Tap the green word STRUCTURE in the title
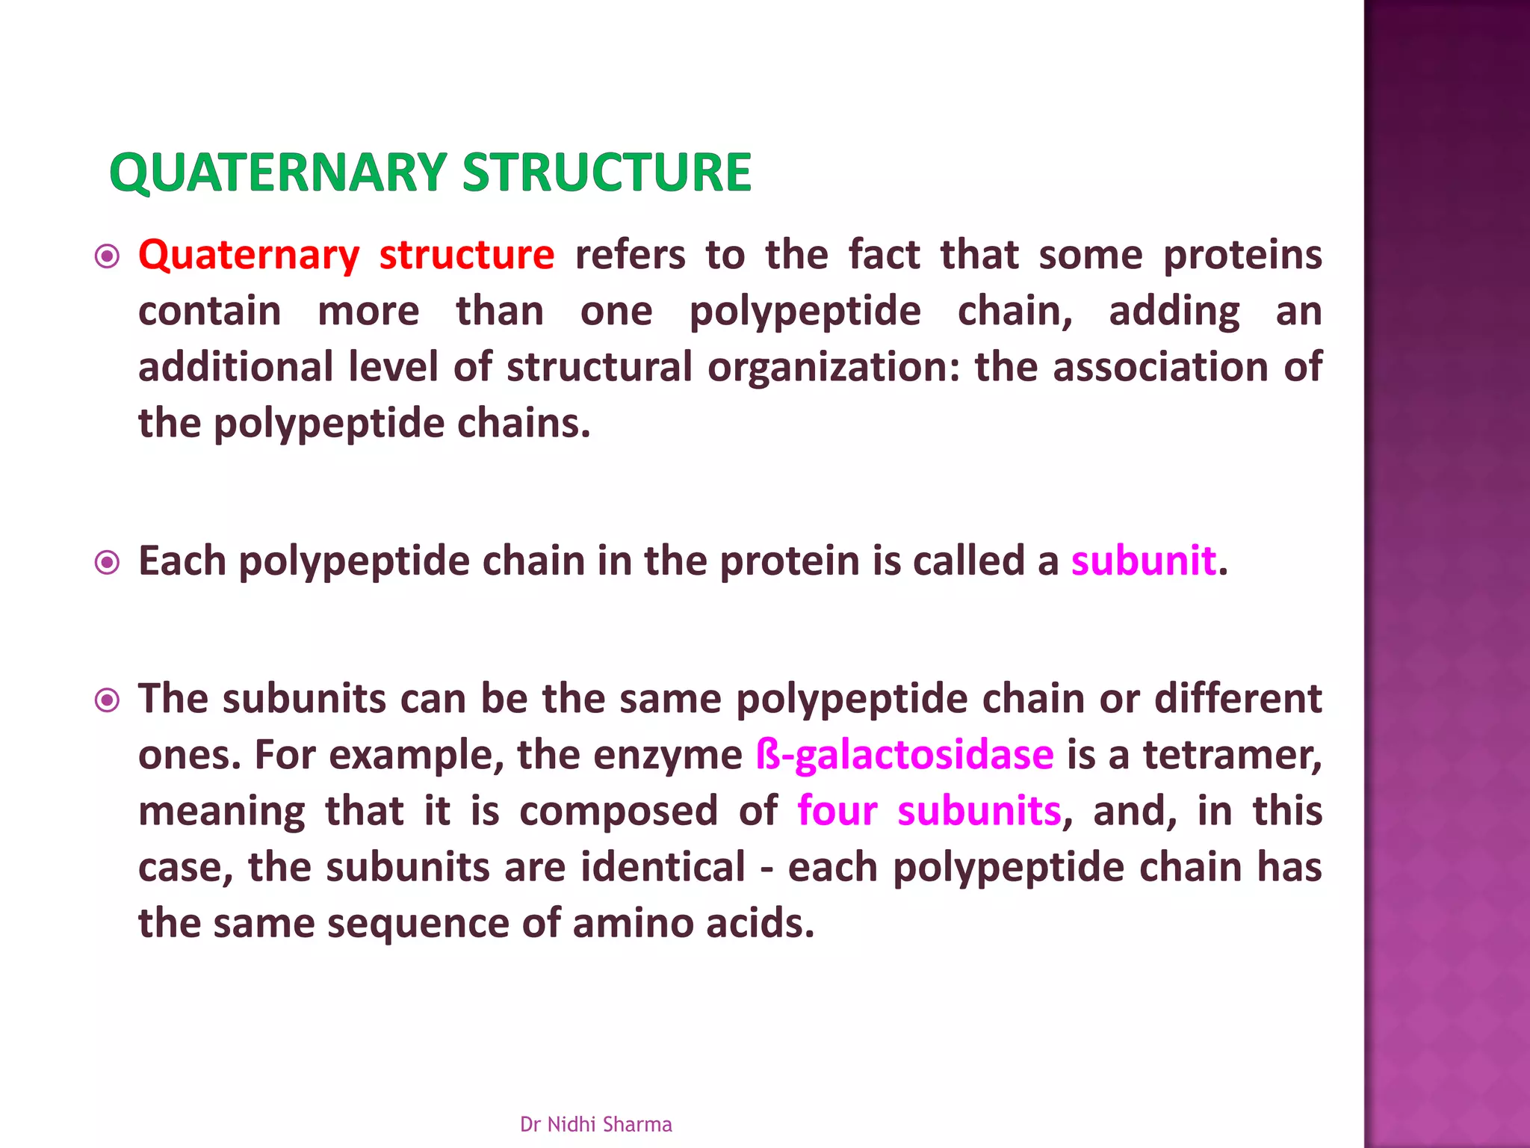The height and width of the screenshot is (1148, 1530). (607, 173)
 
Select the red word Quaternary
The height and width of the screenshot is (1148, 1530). (249, 256)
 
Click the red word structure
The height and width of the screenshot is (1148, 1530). (466, 256)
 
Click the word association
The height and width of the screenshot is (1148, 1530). (1159, 368)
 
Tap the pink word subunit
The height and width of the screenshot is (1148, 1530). (1143, 561)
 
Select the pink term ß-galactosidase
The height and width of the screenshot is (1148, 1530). (905, 755)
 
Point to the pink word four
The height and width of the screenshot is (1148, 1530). (837, 811)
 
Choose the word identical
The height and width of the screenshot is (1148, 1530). (663, 867)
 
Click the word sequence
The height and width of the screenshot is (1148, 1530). (418, 924)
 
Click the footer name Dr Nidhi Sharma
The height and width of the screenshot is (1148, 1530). (595, 1124)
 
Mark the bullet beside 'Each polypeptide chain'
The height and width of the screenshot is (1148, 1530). (108, 563)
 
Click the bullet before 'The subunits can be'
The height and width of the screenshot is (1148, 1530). (108, 700)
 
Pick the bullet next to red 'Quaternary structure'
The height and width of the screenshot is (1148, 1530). (108, 257)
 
